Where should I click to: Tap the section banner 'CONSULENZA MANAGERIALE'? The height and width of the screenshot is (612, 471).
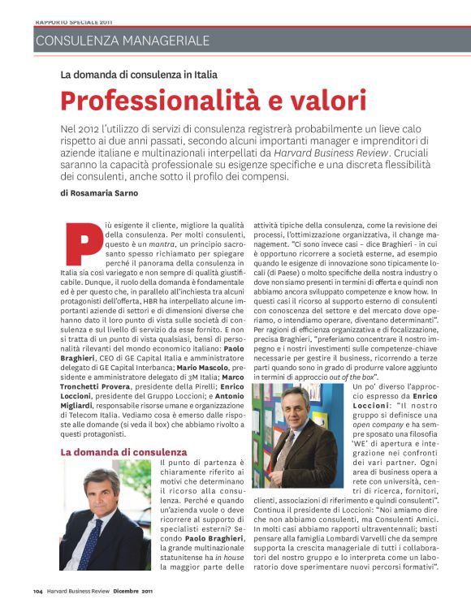tap(122, 40)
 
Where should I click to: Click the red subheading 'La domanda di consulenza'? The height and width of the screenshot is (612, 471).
tap(123, 450)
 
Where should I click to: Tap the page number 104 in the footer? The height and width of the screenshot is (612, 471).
tap(37, 591)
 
